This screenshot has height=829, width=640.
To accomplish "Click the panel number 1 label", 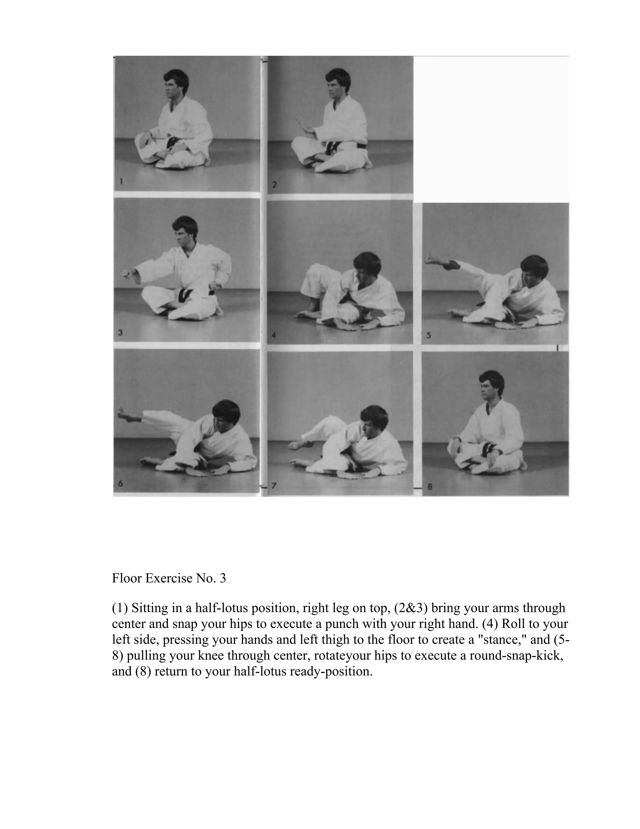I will coord(121,182).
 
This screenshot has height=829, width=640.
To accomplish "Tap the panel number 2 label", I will coord(274,185).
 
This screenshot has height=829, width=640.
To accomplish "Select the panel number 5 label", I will coord(428,336).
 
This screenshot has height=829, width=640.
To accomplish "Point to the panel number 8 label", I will coord(430,487).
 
